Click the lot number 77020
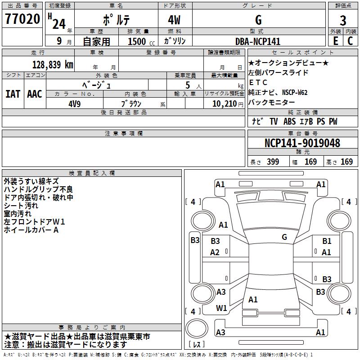pyautogui.click(x=22, y=19)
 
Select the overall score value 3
pyautogui.click(x=343, y=20)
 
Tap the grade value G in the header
pyautogui.click(x=258, y=20)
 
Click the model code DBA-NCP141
pyautogui.click(x=258, y=41)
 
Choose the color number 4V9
pyautogui.click(x=75, y=103)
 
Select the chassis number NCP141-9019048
pyautogui.click(x=302, y=143)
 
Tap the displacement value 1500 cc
pyautogui.click(x=140, y=41)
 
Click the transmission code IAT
pyautogui.click(x=13, y=94)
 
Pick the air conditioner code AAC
pyautogui.click(x=35, y=94)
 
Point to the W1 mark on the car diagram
pyautogui.click(x=221, y=308)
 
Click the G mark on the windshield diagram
pyautogui.click(x=284, y=237)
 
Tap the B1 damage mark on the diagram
pyautogui.click(x=327, y=241)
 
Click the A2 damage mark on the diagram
pyautogui.click(x=215, y=252)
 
